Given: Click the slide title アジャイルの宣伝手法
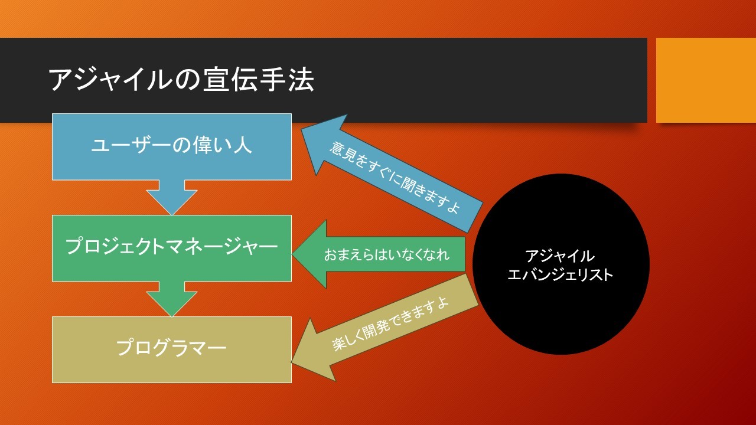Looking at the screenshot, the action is [x=181, y=80].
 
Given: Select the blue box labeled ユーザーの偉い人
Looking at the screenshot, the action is [x=172, y=147].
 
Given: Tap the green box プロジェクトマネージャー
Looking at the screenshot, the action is [x=172, y=249].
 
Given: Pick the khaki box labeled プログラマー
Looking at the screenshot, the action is [x=172, y=350].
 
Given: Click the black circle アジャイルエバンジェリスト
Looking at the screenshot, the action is [x=561, y=264].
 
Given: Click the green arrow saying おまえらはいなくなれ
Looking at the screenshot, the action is [x=379, y=254].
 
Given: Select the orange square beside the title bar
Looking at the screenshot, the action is [x=706, y=80].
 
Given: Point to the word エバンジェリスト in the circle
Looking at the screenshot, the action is [x=560, y=274].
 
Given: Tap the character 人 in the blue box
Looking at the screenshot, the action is [x=242, y=146].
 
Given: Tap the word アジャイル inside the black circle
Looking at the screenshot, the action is [x=560, y=256].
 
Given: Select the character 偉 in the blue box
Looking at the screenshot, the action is [x=202, y=146].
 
